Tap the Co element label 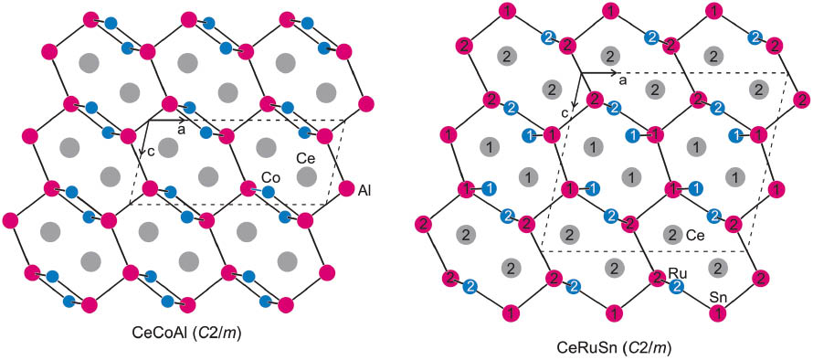pyautogui.click(x=269, y=175)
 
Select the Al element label pyautogui.click(x=364, y=190)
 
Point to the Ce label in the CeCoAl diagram pyautogui.click(x=305, y=157)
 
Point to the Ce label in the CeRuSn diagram pyautogui.click(x=695, y=235)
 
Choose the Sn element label pyautogui.click(x=719, y=298)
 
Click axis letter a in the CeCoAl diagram pyautogui.click(x=181, y=130)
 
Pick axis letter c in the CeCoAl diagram pyautogui.click(x=151, y=153)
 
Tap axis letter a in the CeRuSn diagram pyautogui.click(x=622, y=81)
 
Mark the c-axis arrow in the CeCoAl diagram pyautogui.click(x=144, y=137)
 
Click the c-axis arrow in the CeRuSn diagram pyautogui.click(x=575, y=91)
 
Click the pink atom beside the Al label pyautogui.click(x=345, y=190)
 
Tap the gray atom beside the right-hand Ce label pyautogui.click(x=672, y=234)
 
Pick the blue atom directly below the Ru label pyautogui.click(x=677, y=287)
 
